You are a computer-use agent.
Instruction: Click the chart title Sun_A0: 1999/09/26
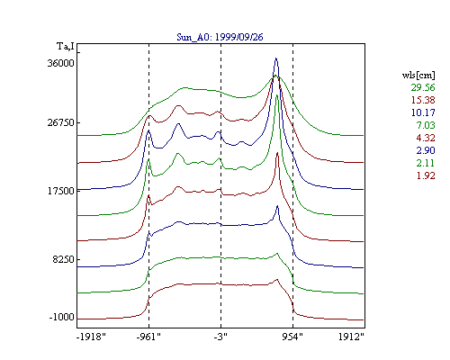(220, 37)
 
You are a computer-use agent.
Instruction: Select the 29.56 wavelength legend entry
(423, 87)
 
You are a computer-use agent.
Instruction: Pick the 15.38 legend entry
(423, 100)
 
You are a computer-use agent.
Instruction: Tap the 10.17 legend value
(423, 112)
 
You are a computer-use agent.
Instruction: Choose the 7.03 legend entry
(426, 125)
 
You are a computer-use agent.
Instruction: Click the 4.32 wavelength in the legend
(426, 138)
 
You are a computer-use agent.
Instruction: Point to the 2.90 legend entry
(426, 150)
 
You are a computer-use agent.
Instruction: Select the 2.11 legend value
(426, 163)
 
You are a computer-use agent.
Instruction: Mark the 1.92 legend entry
(426, 175)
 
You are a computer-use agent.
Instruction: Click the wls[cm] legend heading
(418, 75)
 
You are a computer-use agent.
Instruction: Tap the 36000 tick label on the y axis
(60, 63)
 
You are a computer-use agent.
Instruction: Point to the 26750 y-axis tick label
(60, 122)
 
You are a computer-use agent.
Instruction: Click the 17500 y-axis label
(60, 191)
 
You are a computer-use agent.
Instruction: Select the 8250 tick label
(63, 259)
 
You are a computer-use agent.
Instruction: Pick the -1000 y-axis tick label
(61, 317)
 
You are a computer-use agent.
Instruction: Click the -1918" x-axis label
(91, 337)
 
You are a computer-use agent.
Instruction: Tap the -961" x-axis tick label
(148, 337)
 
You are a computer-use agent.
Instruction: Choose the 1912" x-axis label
(351, 337)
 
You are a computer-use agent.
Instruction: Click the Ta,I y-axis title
(66, 47)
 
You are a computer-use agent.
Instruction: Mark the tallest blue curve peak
(276, 58)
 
